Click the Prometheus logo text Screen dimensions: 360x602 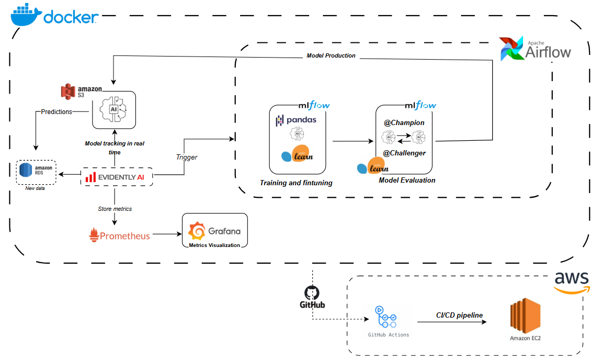(x=120, y=236)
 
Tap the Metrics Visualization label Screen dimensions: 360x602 (x=214, y=245)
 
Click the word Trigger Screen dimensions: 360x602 (x=186, y=157)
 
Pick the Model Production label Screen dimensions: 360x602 (x=331, y=55)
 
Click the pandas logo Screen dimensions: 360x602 (x=296, y=120)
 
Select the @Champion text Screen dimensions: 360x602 (x=404, y=122)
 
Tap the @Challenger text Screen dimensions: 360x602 (x=404, y=153)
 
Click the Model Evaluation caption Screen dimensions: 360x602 (x=407, y=180)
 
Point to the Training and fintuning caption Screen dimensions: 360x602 (x=296, y=183)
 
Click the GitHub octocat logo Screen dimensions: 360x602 (x=312, y=292)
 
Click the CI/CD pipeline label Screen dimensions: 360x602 (x=459, y=315)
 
